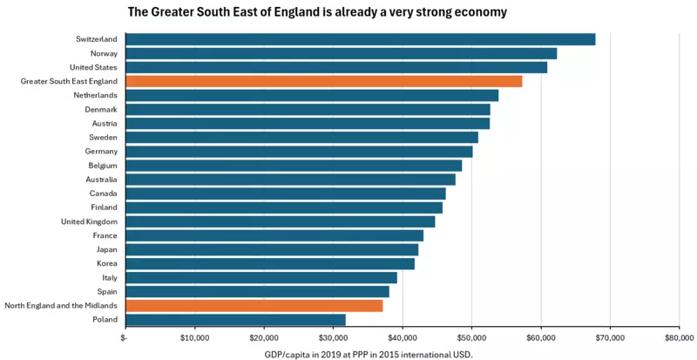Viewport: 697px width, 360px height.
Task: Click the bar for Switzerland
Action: [x=361, y=39]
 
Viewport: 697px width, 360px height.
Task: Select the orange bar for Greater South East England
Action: [x=324, y=81]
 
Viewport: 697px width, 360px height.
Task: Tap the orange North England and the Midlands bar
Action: [x=254, y=306]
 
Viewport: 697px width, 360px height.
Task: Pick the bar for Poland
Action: [x=235, y=320]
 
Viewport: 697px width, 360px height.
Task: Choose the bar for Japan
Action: [x=272, y=249]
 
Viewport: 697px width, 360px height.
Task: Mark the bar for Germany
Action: [x=299, y=152]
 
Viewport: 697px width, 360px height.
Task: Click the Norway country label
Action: [x=103, y=53]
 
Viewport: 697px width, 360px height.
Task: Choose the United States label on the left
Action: [x=93, y=67]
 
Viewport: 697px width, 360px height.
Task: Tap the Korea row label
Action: [x=107, y=263]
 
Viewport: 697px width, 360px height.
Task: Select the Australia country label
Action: [x=102, y=180]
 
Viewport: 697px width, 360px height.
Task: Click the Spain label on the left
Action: [x=107, y=291]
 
